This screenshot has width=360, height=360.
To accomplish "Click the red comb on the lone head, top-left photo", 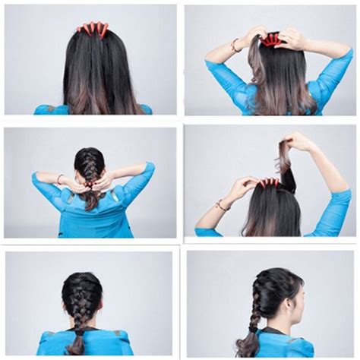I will [92, 29].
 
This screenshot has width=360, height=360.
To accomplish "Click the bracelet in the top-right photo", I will [235, 46].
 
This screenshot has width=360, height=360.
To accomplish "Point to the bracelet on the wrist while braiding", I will [59, 178].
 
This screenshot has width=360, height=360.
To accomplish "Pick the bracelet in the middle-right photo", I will [221, 205].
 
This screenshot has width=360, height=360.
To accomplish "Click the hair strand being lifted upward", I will [284, 156].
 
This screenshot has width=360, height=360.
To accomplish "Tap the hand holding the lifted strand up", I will [298, 142].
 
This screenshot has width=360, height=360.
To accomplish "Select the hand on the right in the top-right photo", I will [292, 38].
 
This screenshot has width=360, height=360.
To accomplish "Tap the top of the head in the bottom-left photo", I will [82, 276].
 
